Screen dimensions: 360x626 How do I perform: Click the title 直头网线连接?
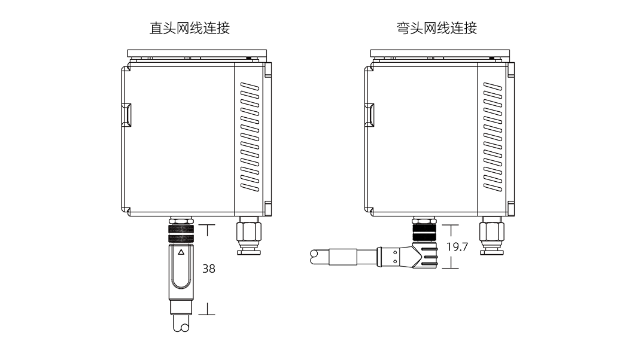(189, 28)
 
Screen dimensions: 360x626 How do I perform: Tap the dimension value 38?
(208, 269)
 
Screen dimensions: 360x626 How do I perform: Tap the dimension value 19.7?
(457, 246)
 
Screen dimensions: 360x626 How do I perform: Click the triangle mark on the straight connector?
(181, 252)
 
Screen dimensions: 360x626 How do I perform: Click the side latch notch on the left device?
(126, 115)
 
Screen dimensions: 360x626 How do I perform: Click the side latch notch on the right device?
(369, 115)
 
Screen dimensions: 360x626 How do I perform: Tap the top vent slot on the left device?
(250, 87)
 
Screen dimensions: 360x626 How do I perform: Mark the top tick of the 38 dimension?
(206, 225)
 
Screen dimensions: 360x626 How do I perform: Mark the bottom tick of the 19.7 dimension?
(450, 267)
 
